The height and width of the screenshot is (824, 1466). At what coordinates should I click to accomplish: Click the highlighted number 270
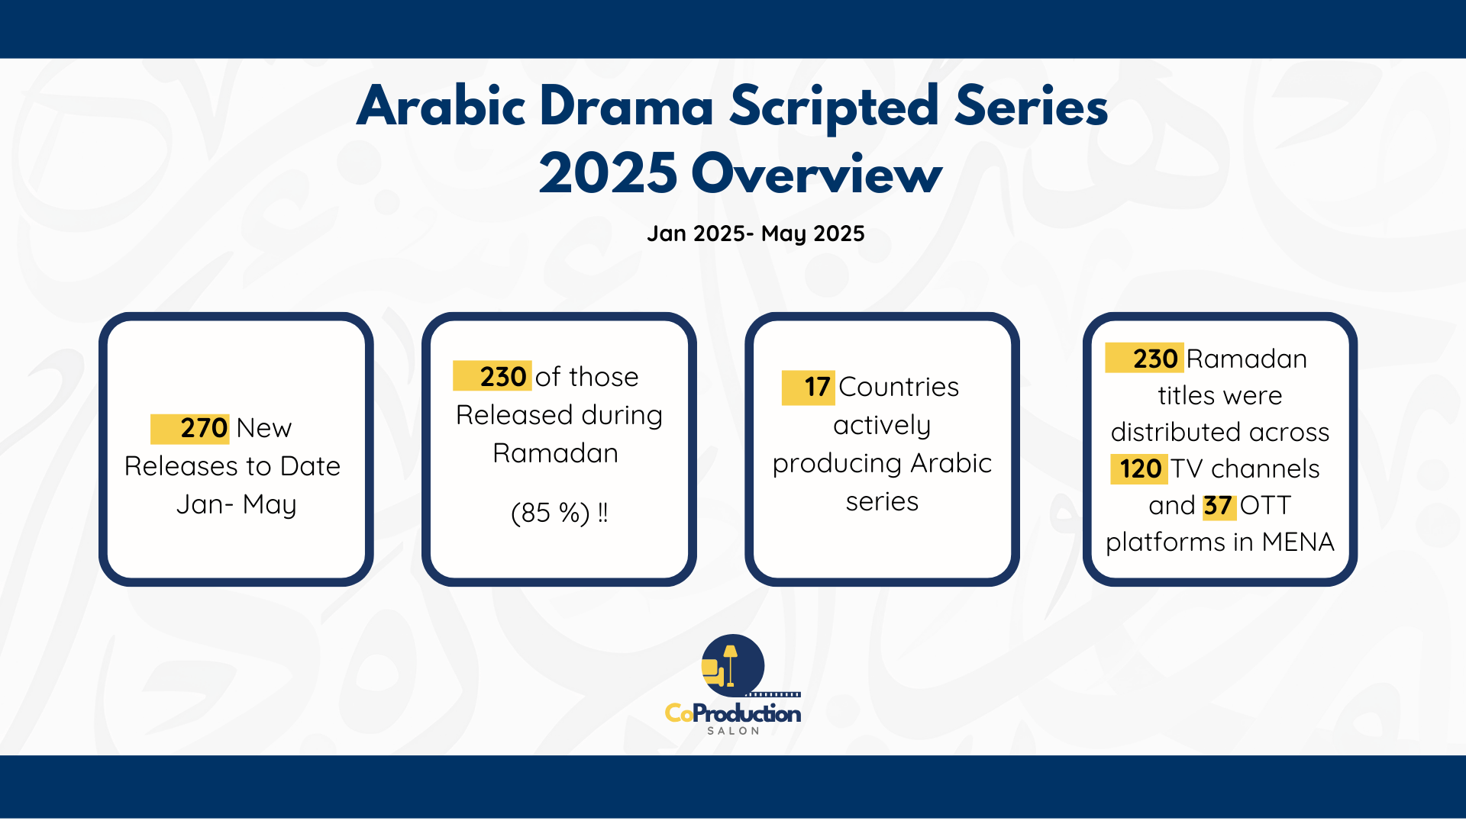[x=203, y=428]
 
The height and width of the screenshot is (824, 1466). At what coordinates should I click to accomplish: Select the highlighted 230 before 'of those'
[x=502, y=376]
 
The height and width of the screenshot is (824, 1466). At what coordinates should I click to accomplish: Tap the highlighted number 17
[x=816, y=387]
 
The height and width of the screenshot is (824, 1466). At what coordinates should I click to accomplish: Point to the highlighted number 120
[x=1140, y=468]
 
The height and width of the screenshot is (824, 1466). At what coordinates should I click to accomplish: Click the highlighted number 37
[x=1218, y=505]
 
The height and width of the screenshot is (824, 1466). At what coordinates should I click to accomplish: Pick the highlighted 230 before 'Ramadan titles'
[x=1154, y=359]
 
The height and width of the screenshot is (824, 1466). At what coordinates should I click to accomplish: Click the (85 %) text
[x=550, y=513]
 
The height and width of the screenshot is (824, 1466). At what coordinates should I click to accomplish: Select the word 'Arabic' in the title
[x=441, y=106]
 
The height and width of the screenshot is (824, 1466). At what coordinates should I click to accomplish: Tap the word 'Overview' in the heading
[x=816, y=174]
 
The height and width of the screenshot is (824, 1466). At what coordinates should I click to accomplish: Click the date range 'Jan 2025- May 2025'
[x=755, y=233]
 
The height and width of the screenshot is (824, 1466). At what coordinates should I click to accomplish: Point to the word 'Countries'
[x=899, y=387]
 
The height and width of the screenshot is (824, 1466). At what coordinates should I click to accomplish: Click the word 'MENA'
[x=1298, y=542]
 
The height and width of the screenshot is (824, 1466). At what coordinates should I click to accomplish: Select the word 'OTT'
[x=1265, y=505]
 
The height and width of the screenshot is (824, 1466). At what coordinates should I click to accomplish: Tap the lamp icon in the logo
[x=731, y=664]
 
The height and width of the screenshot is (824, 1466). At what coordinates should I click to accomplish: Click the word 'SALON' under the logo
[x=733, y=731]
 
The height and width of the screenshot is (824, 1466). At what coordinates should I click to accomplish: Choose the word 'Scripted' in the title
[x=833, y=106]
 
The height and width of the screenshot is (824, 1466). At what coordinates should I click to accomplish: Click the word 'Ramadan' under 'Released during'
[x=555, y=453]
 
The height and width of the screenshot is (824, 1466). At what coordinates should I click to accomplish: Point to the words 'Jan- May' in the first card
[x=236, y=504]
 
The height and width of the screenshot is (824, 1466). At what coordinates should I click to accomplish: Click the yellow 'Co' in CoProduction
[x=679, y=713]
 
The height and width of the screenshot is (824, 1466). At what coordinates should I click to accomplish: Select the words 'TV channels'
[x=1245, y=468]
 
